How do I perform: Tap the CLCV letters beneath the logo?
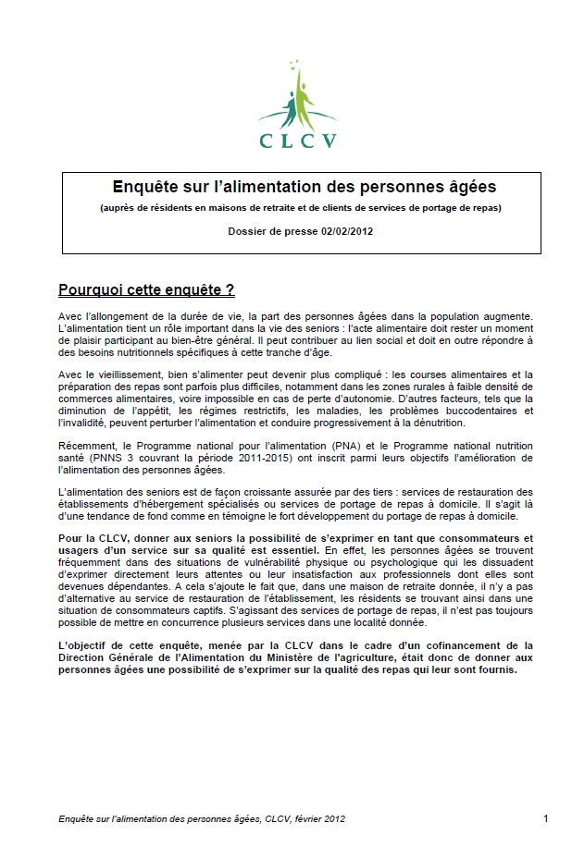click(296, 140)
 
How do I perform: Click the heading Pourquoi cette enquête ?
click(146, 290)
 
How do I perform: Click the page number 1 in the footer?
click(546, 818)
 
